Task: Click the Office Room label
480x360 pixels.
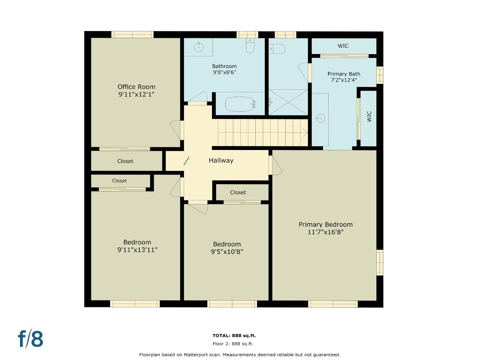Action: coord(136,87)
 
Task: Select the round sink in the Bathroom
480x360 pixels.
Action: coord(199,47)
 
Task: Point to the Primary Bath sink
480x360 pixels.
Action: coord(320,118)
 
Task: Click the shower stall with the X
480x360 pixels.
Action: coord(288,102)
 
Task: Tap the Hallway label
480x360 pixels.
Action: coord(221,161)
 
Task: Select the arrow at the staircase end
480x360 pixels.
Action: coord(304,133)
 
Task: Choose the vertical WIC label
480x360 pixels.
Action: coord(369,116)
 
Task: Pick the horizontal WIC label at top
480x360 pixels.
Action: coord(343,46)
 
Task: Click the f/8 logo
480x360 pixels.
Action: coord(30,339)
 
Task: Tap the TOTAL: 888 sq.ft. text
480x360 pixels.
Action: coord(234,336)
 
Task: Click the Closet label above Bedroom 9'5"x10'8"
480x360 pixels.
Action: coord(238,192)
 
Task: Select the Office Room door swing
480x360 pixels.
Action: coord(175,130)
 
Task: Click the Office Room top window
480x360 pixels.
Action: coord(132,34)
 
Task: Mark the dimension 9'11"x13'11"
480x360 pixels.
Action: coord(137,250)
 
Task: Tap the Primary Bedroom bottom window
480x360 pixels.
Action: coord(333,304)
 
